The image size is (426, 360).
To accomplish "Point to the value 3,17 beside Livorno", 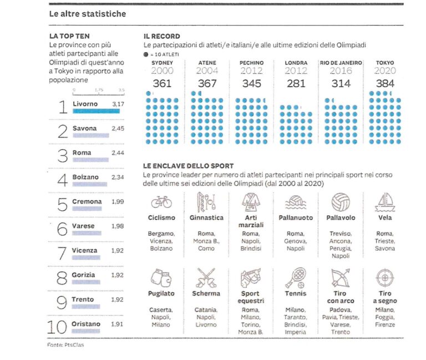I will (118, 104).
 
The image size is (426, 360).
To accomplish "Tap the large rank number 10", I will (59, 327).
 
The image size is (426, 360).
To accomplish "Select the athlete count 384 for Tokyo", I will (384, 83).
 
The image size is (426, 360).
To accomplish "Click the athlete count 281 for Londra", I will (296, 83).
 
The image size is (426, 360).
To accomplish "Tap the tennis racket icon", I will (296, 276).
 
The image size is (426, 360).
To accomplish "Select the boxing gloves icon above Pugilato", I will (161, 276).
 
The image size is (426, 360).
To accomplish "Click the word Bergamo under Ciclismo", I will (161, 234).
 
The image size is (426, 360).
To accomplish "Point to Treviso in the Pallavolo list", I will (341, 234).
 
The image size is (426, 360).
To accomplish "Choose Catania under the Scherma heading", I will (206, 310).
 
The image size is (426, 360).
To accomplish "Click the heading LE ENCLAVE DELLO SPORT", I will (188, 166).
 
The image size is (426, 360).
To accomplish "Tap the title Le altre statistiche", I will (87, 13).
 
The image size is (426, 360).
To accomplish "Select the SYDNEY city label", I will (163, 63).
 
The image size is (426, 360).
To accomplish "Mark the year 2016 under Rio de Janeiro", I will (341, 71).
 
